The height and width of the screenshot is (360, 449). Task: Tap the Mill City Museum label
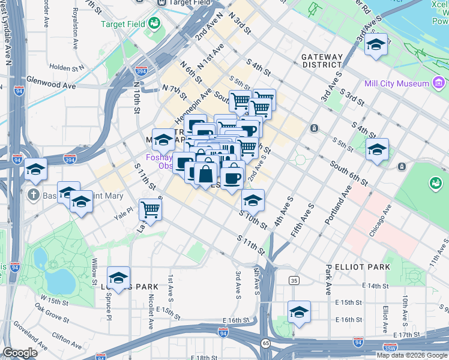tap(396, 83)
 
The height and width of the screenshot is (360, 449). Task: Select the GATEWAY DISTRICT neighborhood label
tap(322, 61)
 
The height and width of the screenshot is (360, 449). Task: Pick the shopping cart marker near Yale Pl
tap(150, 210)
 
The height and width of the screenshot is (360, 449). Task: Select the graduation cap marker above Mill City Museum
tap(376, 46)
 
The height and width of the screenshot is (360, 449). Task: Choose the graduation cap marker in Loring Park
tap(118, 278)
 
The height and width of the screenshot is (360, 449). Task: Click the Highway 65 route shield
tap(265, 343)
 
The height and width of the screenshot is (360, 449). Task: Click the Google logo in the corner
tap(20, 353)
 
